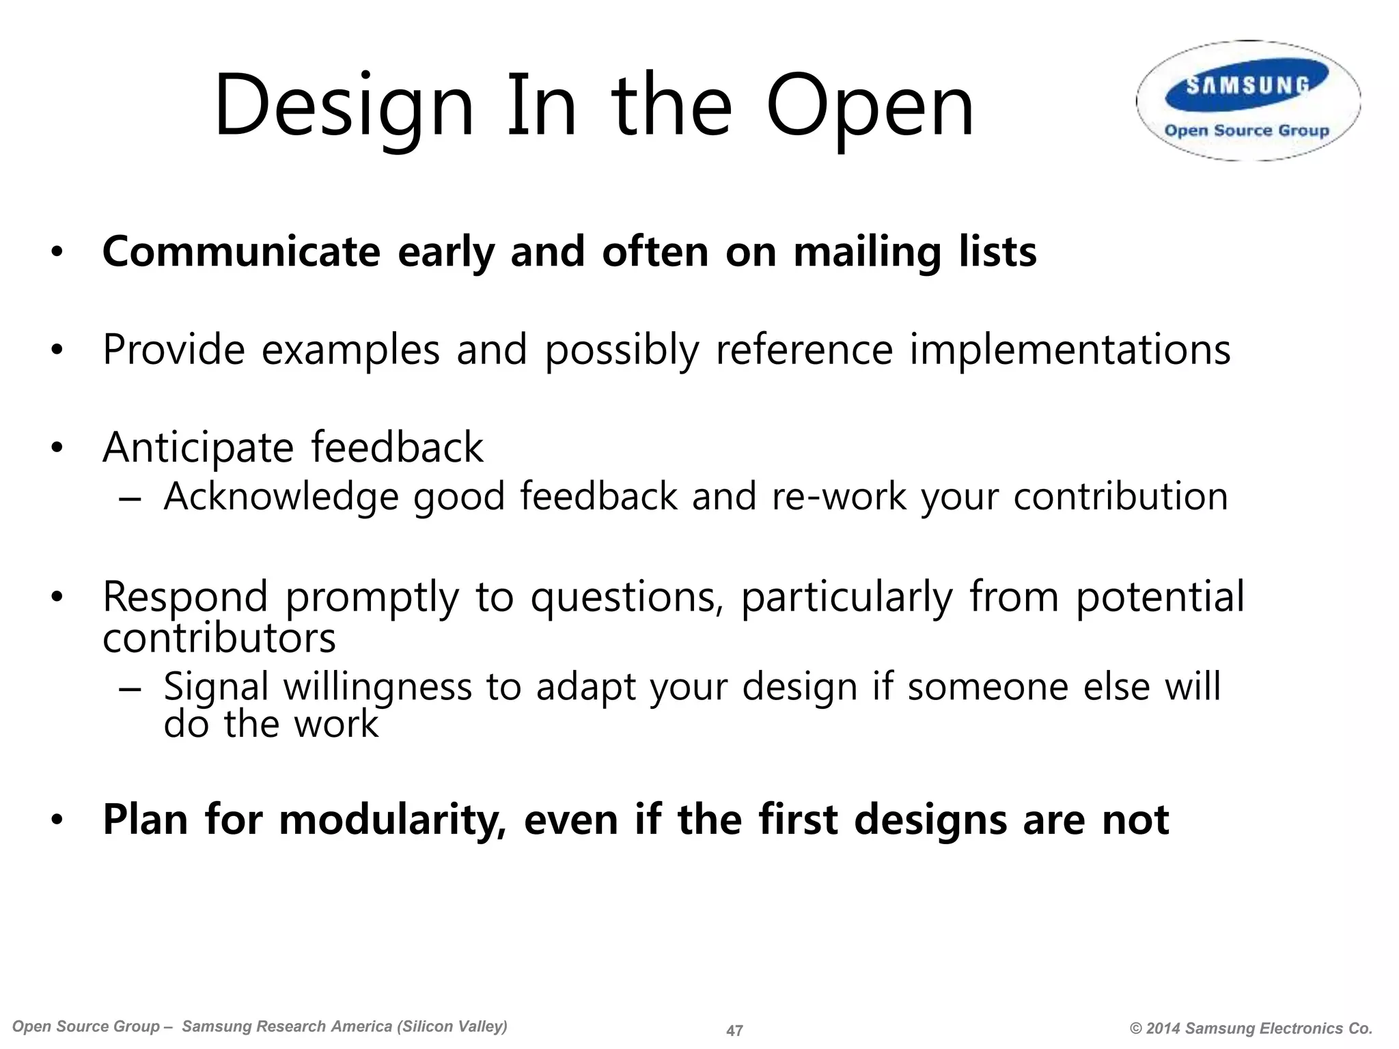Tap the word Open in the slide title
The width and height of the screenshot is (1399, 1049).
pyautogui.click(x=870, y=108)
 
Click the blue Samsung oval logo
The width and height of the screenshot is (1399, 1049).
pyautogui.click(x=1247, y=85)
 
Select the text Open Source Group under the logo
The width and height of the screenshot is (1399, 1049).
pyautogui.click(x=1247, y=130)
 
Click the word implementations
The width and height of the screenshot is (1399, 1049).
pyautogui.click(x=1070, y=350)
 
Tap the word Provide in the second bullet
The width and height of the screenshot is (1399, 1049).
pyautogui.click(x=174, y=350)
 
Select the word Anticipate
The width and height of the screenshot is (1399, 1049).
pyautogui.click(x=198, y=449)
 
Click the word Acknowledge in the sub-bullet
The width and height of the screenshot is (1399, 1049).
pyautogui.click(x=281, y=496)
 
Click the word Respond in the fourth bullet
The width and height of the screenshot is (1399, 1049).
pyautogui.click(x=185, y=597)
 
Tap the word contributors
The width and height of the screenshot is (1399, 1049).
pyautogui.click(x=219, y=639)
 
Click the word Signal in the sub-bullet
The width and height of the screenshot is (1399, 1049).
pyautogui.click(x=216, y=687)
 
